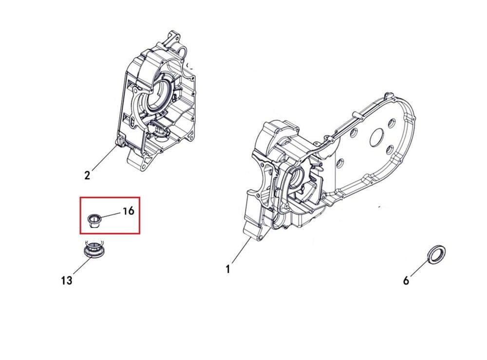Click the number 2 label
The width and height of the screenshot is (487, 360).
[87, 175]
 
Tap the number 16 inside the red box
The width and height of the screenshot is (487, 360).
[128, 211]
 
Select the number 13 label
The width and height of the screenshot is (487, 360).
[66, 281]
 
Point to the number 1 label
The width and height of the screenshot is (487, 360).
[228, 269]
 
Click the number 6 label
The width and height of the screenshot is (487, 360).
[406, 281]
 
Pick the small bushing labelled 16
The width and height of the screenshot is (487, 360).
[93, 220]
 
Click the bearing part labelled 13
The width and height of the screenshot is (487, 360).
[94, 249]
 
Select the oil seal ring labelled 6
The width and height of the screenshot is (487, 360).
[437, 254]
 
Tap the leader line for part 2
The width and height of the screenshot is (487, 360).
[104, 158]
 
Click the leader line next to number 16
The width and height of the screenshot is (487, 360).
[110, 215]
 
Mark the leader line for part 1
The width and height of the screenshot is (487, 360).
[241, 251]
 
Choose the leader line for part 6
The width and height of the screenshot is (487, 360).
[420, 266]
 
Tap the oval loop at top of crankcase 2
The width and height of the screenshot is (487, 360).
[182, 51]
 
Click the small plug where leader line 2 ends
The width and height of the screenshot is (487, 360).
[119, 142]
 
